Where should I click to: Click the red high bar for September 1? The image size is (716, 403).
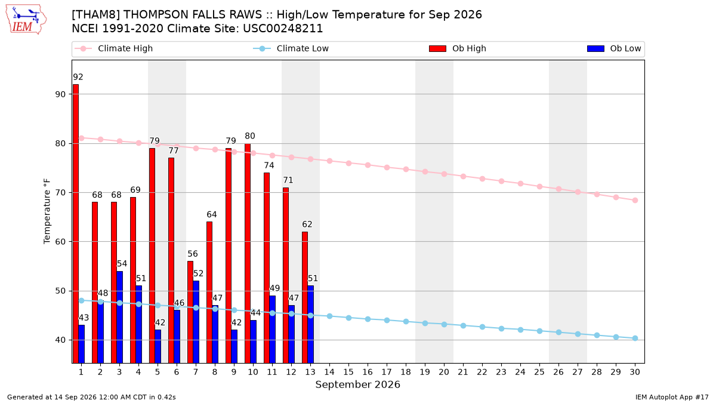coord(76,223)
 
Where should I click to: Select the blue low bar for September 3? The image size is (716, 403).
coord(119,317)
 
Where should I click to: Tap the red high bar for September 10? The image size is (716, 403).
coord(248,253)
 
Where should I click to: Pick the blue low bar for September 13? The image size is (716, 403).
coord(310,324)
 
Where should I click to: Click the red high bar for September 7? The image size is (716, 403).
coord(190,312)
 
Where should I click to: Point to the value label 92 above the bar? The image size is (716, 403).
coord(78,77)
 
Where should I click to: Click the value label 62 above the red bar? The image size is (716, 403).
coord(307,224)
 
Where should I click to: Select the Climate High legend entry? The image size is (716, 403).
coord(114,48)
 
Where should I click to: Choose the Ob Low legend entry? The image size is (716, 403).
coord(614,48)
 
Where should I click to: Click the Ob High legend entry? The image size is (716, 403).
coord(458,48)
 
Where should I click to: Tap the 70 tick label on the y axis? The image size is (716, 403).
coord(60,192)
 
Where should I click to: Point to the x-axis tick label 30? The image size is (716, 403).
coord(635,372)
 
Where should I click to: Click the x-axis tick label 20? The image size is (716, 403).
coord(444,372)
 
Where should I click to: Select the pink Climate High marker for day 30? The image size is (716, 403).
coord(635,200)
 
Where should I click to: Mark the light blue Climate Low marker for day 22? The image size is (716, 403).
coord(482,327)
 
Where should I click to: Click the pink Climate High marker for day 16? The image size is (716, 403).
coord(368,165)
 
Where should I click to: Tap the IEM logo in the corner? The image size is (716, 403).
coord(26,20)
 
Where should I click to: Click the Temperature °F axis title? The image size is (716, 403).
coord(47,211)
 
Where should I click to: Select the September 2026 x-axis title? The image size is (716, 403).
coord(357,384)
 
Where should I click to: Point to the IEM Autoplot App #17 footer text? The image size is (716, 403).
coord(672,397)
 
